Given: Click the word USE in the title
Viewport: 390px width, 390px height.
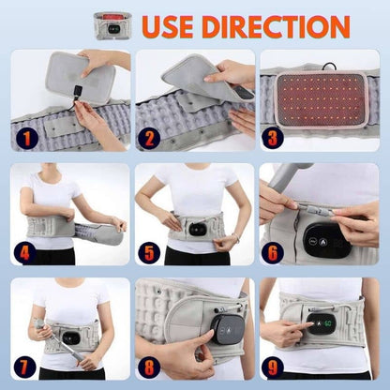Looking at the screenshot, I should click(173, 26).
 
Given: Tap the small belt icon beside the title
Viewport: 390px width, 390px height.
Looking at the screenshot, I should click(112, 25).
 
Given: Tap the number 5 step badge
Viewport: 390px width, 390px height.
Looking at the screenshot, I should click(151, 251).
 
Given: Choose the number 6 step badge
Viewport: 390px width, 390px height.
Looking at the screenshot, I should click(273, 251).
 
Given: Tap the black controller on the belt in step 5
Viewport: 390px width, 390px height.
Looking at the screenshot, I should click(197, 228).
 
